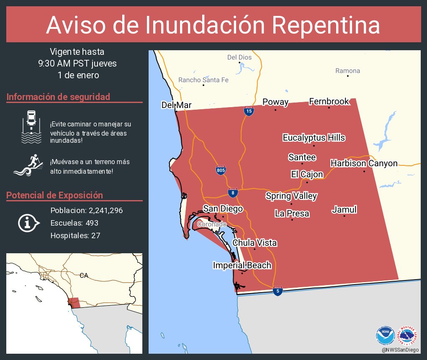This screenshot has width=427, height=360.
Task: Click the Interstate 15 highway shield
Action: point(249,111)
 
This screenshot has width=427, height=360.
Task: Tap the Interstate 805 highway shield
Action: point(221,170)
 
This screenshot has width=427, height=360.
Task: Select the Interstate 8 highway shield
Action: point(233,192)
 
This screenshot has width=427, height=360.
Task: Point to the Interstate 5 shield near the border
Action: point(277,291)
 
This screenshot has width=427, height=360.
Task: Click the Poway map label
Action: point(275,102)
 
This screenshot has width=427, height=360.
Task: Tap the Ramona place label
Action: point(347,71)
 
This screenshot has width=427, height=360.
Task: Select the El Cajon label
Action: point(307,175)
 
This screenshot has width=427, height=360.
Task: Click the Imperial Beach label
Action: point(242,265)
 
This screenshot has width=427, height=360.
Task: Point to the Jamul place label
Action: point(344,210)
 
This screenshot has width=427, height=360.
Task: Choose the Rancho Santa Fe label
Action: point(203,80)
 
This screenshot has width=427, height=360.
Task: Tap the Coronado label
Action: point(212,225)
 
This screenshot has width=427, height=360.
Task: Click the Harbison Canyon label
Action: point(364,163)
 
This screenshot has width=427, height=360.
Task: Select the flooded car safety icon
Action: point(31,127)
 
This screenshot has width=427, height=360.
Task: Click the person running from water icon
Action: point(29,166)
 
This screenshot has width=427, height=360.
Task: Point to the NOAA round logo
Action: point(385,335)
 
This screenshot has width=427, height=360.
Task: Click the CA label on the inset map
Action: point(84,275)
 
